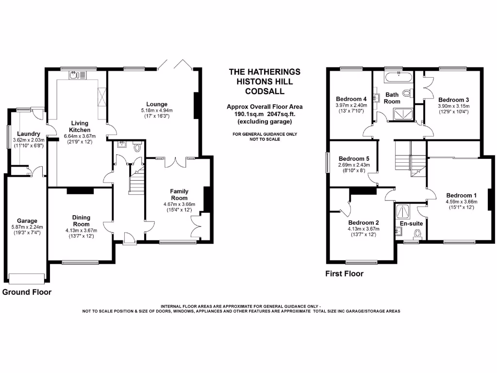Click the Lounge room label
(x=157, y=104)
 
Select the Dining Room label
(x=82, y=221)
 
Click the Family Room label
(x=179, y=195)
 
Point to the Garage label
(x=27, y=221)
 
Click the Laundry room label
(x=28, y=134)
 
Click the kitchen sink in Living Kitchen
(x=78, y=75)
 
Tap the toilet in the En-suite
(x=416, y=236)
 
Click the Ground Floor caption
(x=27, y=292)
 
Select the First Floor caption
(x=344, y=273)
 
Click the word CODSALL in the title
(x=265, y=91)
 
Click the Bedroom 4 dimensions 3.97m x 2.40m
(x=351, y=105)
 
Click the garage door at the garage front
(x=27, y=278)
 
